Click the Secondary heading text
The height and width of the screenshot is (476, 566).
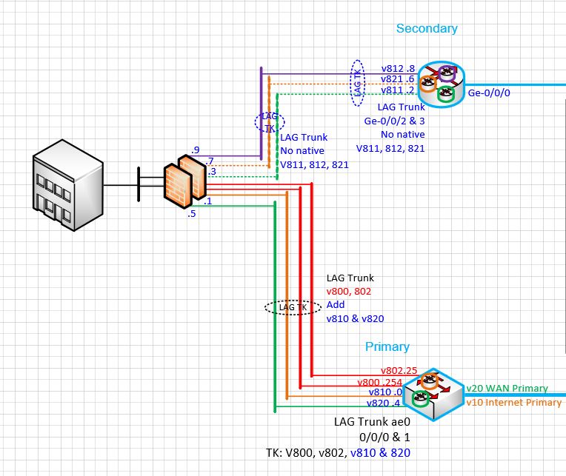[x=427, y=28]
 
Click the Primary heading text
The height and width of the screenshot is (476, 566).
[x=387, y=346]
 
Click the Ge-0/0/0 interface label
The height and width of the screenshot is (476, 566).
[x=489, y=93]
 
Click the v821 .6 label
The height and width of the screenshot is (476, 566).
[x=398, y=78]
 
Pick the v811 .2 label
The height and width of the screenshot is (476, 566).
[x=398, y=90]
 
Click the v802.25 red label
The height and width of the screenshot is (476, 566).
[x=399, y=370]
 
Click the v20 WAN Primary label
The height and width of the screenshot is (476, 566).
[x=507, y=388]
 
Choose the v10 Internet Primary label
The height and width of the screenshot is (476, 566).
[x=513, y=403]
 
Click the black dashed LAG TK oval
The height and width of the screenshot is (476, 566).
[x=292, y=306]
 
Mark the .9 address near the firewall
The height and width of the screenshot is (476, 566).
[x=196, y=150]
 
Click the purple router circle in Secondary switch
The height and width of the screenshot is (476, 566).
[x=447, y=73]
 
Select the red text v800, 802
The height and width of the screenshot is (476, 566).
[x=349, y=292]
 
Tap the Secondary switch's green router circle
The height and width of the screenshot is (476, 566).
[x=445, y=94]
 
